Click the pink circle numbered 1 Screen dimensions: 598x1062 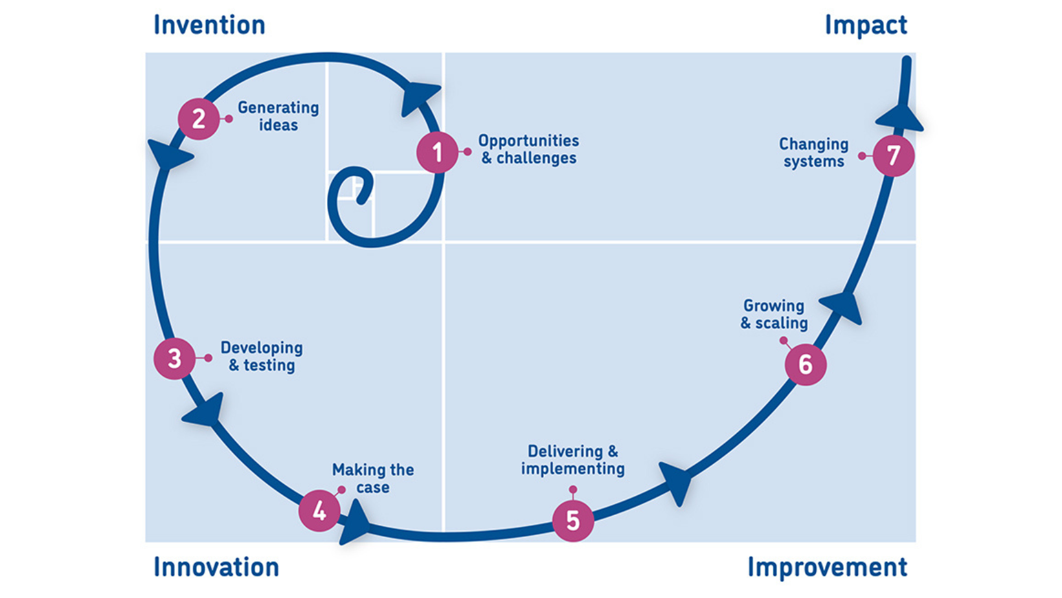437,152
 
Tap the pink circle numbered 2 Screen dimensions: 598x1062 199,119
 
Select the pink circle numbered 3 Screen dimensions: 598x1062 174,358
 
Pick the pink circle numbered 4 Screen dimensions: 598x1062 319,511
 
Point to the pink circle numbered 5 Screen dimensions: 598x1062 573,520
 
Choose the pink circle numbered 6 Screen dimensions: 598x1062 806,364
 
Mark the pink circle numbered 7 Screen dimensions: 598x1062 894,155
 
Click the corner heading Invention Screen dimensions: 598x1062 209,25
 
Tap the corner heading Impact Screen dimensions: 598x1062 866,25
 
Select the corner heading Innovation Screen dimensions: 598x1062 216,567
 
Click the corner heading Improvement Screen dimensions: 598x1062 827,567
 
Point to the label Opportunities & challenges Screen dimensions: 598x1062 528,149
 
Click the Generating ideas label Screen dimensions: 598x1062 278,116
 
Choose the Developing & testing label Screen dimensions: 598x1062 262,357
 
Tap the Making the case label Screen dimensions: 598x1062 373,478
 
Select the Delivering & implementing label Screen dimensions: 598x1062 573,460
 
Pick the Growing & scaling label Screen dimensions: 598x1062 774,314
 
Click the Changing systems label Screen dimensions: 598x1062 814,153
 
